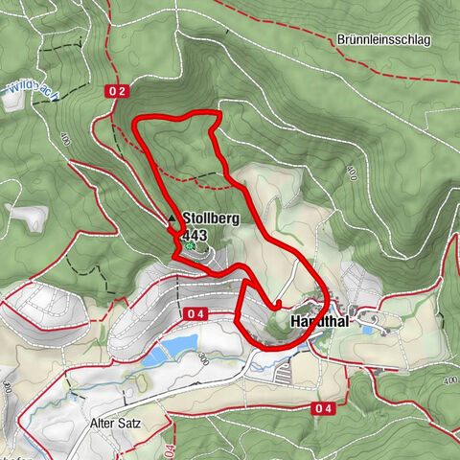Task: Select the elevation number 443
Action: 195,235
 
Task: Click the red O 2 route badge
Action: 116,90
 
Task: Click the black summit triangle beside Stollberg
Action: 172,219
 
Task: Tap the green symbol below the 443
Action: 190,247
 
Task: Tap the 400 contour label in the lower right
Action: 450,380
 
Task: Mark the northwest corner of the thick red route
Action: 135,119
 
